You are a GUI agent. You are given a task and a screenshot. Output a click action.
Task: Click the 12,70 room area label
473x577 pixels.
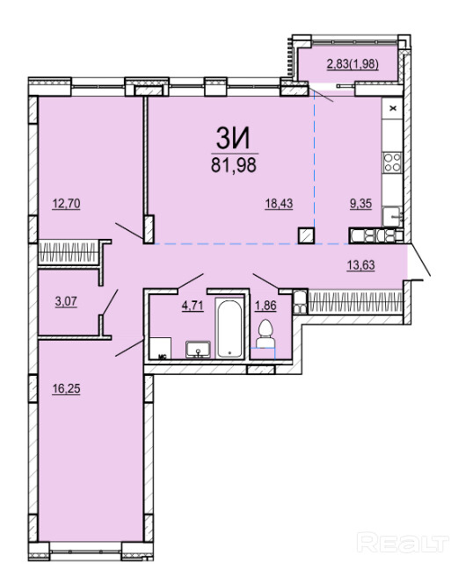pyautogui.click(x=66, y=203)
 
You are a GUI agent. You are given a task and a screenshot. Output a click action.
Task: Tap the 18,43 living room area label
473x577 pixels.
pyautogui.click(x=279, y=203)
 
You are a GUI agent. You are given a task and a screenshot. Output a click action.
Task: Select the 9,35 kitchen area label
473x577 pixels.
pyautogui.click(x=360, y=203)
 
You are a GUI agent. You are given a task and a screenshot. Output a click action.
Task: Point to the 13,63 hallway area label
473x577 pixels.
pyautogui.click(x=360, y=264)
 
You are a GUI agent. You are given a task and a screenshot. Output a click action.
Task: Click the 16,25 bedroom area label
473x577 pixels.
pyautogui.click(x=66, y=388)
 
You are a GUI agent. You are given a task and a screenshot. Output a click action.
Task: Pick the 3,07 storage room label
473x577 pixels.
pyautogui.click(x=66, y=301)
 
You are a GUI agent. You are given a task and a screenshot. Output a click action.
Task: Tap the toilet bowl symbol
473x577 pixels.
pyautogui.click(x=265, y=333)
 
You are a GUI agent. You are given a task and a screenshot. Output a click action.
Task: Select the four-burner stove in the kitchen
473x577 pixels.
pyautogui.click(x=392, y=162)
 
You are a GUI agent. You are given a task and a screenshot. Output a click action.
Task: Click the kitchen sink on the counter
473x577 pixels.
pyautogui.click(x=392, y=216)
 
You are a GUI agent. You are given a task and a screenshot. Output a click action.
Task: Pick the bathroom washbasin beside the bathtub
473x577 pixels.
pyautogui.click(x=198, y=350)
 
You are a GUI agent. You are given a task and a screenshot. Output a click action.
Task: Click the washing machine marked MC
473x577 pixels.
pyautogui.click(x=160, y=348)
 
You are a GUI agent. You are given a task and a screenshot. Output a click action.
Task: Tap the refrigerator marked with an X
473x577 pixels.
pyautogui.click(x=392, y=108)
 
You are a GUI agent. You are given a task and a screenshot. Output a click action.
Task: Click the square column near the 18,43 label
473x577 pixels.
pyautogui.click(x=306, y=236)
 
